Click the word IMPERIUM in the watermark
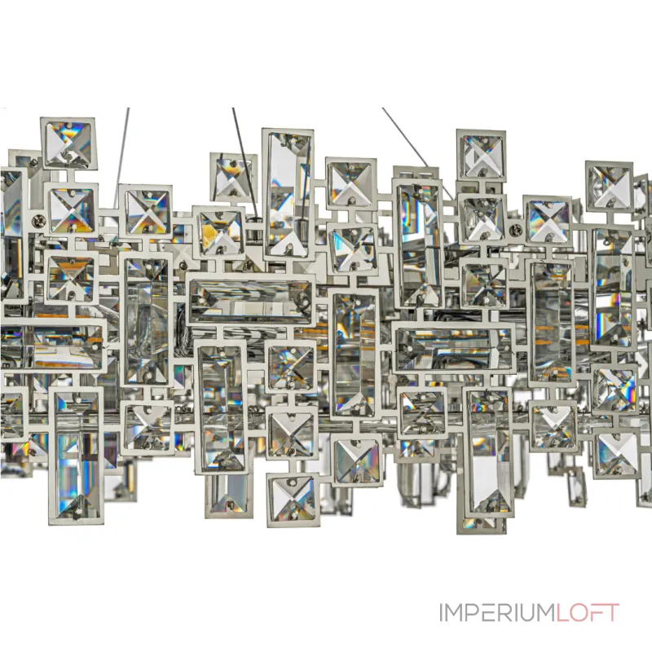(498, 612)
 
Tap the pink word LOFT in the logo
(588, 612)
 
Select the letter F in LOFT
(596, 612)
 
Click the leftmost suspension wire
(121, 158)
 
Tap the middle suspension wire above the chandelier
(245, 162)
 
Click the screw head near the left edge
(38, 220)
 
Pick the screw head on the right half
(516, 228)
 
